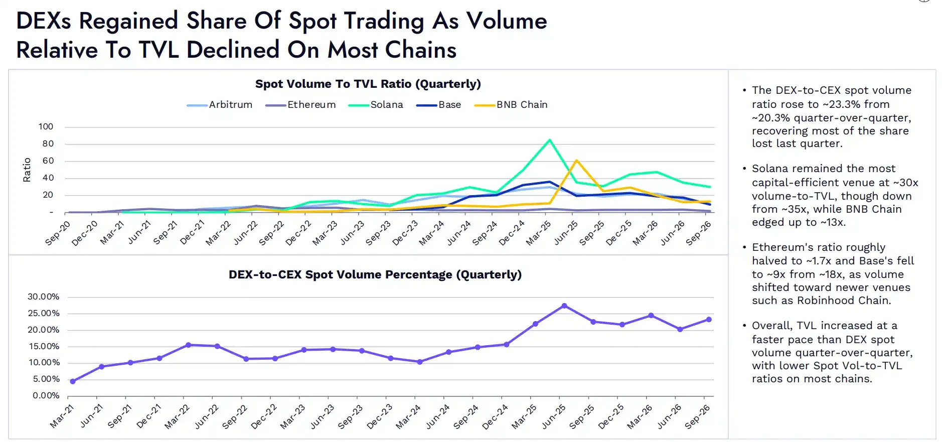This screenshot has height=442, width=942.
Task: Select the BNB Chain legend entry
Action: click(511, 105)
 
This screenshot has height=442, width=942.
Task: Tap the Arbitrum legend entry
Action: click(219, 105)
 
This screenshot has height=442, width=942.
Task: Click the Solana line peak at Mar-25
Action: click(550, 140)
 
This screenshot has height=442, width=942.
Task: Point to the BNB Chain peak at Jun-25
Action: click(576, 161)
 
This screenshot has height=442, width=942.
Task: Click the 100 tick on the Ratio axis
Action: click(46, 126)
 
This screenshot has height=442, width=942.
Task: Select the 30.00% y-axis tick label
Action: click(43, 297)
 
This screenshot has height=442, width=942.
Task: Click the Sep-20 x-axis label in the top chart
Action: click(58, 233)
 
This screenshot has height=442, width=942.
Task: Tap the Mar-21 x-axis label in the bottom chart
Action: click(62, 416)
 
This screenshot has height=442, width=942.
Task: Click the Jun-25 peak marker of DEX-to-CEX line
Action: click(564, 306)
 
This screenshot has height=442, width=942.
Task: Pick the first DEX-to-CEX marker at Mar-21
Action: click(73, 381)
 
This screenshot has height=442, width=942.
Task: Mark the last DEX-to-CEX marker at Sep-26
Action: click(709, 320)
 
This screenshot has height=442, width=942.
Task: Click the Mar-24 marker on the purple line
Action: click(420, 362)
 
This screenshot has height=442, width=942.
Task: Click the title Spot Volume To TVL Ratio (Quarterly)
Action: click(368, 84)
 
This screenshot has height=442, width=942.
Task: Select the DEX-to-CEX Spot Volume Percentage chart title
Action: click(375, 274)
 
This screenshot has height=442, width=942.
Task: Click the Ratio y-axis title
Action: click(27, 170)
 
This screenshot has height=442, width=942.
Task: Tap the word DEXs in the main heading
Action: click(44, 21)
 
